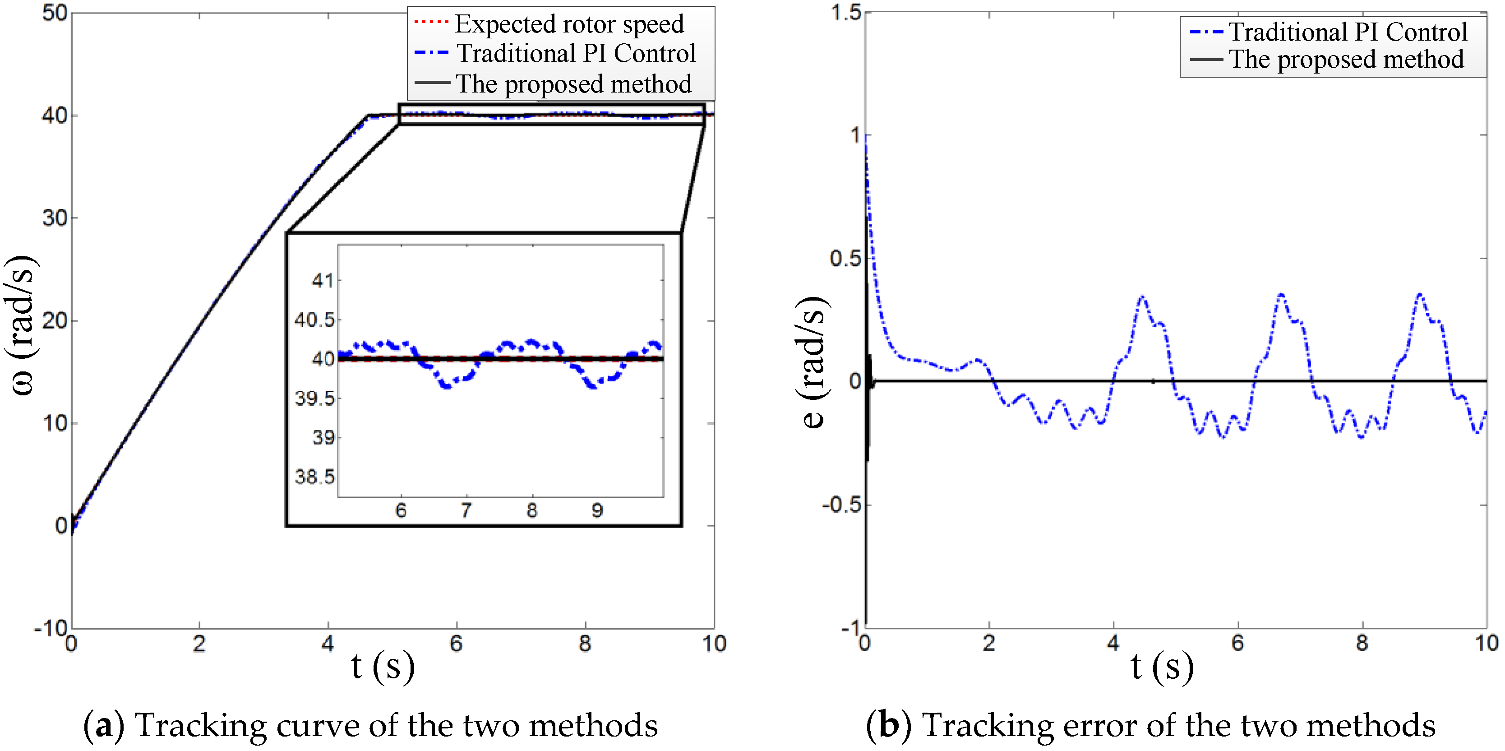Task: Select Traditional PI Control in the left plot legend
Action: [x=576, y=53]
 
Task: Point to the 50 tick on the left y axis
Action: [x=54, y=13]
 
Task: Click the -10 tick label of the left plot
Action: [x=51, y=629]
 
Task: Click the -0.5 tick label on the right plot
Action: [x=841, y=505]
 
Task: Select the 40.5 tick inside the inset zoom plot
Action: [x=314, y=320]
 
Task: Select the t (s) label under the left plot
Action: [x=383, y=666]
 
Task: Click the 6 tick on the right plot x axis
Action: [x=1237, y=643]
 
